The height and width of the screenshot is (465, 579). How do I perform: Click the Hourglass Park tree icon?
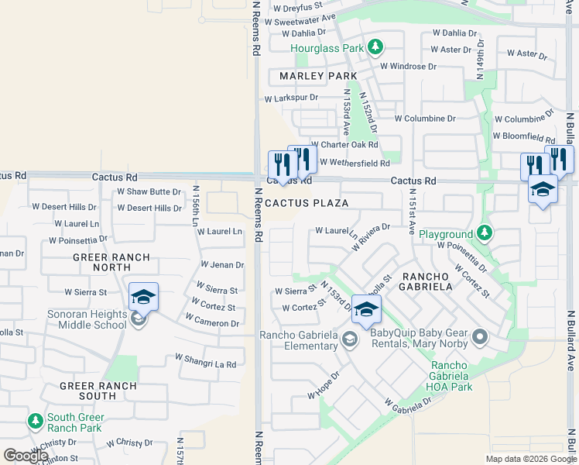375,48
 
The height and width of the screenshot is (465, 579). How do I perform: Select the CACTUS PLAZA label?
306,203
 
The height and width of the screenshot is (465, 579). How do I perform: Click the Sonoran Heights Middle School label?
87,319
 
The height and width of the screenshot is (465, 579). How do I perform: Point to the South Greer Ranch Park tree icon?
35,422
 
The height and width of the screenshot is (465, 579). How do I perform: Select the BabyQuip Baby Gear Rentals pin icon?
480,337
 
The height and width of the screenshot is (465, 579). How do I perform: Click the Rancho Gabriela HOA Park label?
450,377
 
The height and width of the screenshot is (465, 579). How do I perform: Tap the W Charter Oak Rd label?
344,145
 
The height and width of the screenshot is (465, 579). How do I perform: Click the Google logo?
25,456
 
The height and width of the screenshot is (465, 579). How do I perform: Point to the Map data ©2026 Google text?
530,459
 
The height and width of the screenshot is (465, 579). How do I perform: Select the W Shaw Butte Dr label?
149,192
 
